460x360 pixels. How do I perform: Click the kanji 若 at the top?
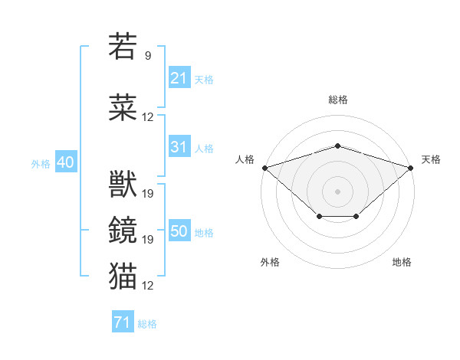[123, 46]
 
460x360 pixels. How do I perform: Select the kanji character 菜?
[123, 107]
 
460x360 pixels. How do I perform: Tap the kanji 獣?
[123, 184]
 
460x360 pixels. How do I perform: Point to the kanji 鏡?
[123, 230]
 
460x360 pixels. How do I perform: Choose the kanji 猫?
[123, 276]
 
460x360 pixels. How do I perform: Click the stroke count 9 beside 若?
[148, 55]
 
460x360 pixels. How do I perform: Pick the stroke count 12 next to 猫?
[147, 285]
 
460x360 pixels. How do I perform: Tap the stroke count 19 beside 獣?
[147, 194]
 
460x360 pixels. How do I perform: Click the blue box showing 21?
[179, 77]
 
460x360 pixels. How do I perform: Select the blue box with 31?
[179, 146]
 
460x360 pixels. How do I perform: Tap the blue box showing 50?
[179, 230]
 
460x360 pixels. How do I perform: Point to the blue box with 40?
[66, 161]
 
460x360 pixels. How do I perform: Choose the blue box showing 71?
[123, 321]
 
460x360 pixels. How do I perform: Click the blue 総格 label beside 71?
[147, 324]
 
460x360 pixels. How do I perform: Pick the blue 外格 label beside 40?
[41, 164]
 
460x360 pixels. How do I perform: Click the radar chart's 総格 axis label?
[338, 100]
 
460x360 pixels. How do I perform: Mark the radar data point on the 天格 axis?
[411, 168]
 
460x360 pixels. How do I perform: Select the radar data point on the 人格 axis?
[265, 168]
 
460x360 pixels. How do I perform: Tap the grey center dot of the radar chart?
[337, 191]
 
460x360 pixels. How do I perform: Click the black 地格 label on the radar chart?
[402, 262]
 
